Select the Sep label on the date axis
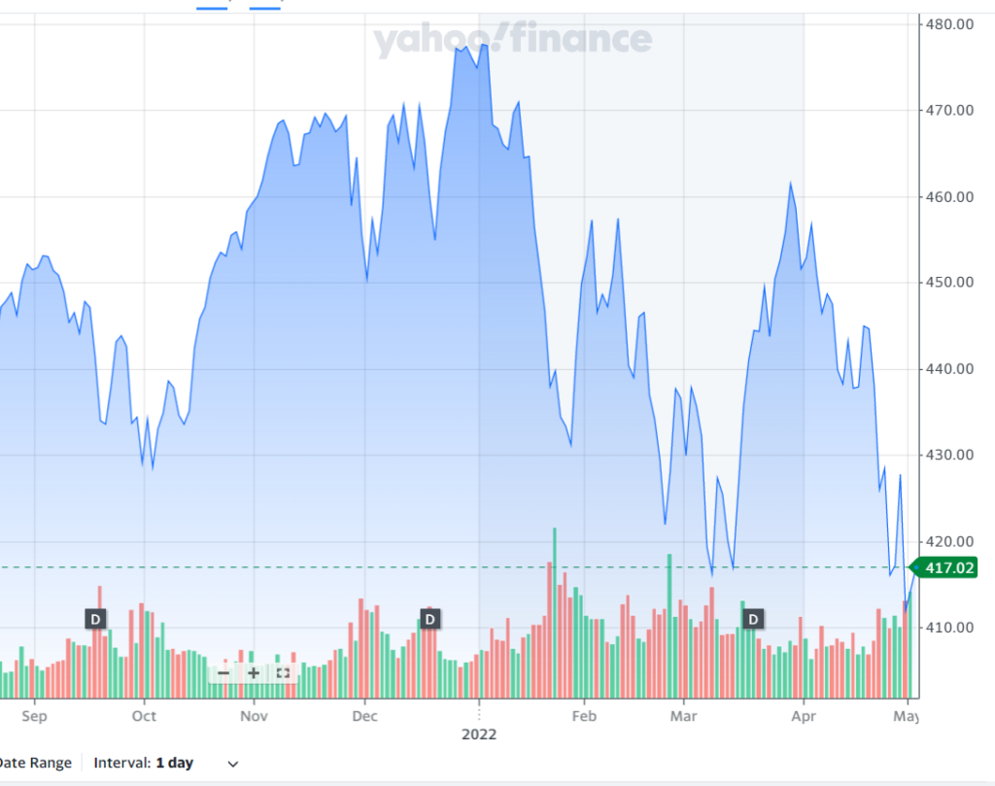coord(34,716)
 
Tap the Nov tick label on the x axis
coord(254,716)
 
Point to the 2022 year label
coord(478,735)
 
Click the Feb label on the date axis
coord(583,716)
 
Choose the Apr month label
coord(804,716)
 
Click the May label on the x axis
coord(906,716)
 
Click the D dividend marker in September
coord(95,619)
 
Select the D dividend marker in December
coord(429,619)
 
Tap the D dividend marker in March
coord(753,619)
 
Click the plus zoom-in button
coord(253,672)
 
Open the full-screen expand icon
coord(283,672)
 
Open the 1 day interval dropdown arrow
coord(232,764)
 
